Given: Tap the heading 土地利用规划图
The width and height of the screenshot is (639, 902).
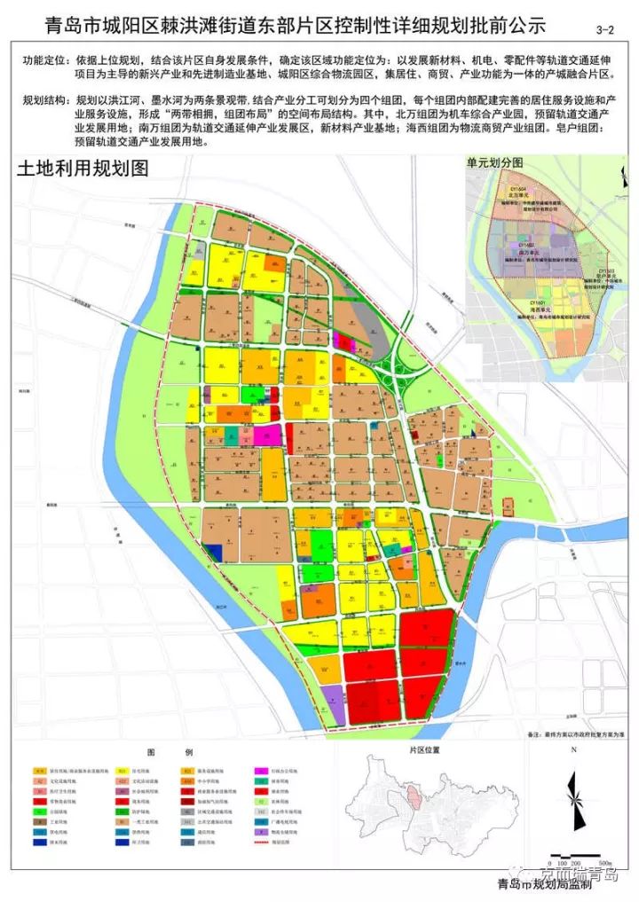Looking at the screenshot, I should point(82,169).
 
